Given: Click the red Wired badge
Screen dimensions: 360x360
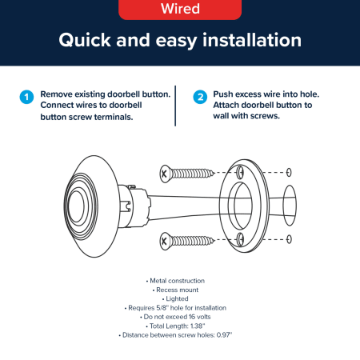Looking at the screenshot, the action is coord(180,9).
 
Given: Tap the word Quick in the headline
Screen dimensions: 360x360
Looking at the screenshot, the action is coord(85,41).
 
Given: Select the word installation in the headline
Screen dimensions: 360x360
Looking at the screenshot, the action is coord(252,40).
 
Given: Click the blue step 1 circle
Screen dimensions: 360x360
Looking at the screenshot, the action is coord(26,97).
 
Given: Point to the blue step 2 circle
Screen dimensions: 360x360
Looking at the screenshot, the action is coord(200,97).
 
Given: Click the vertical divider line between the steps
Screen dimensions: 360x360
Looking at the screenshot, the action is coord(175,106).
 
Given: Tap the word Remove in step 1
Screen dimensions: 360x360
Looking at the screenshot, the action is coord(56,94).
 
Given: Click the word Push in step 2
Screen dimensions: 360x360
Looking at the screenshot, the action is coord(223,94).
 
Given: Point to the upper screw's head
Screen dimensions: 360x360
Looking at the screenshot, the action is coord(165,174).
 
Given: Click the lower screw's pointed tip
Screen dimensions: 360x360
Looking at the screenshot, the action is coord(214,240).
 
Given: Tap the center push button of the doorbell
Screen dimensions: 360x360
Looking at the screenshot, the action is coord(76,206).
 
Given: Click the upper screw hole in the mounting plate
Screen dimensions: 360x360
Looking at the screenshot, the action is coord(240,172).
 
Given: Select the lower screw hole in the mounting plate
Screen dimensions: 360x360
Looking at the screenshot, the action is coord(240,239).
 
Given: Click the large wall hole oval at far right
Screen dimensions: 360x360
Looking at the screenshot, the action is coord(290,206).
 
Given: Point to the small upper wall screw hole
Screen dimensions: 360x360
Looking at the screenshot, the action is coord(289,172).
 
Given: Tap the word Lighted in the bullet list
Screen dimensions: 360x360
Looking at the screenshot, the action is coord(177,298).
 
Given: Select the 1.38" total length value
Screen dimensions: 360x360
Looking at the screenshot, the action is coord(198,326).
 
